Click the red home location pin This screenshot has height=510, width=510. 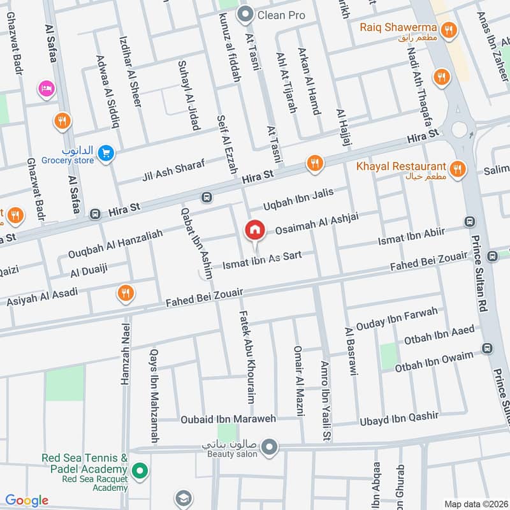pyautogui.click(x=255, y=230)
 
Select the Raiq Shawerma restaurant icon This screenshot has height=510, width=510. pyautogui.click(x=450, y=29)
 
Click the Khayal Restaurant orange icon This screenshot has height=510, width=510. pyautogui.click(x=456, y=169)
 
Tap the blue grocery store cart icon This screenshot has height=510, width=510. pyautogui.click(x=106, y=152)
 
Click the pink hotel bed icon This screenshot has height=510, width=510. pyautogui.click(x=46, y=88)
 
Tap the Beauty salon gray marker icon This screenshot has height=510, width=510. pyautogui.click(x=270, y=447)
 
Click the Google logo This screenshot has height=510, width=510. pyautogui.click(x=27, y=500)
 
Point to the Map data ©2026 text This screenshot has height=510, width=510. pyautogui.click(x=475, y=504)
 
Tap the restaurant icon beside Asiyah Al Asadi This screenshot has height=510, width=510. pyautogui.click(x=126, y=293)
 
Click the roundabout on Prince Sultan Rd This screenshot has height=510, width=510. pyautogui.click(x=459, y=129)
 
